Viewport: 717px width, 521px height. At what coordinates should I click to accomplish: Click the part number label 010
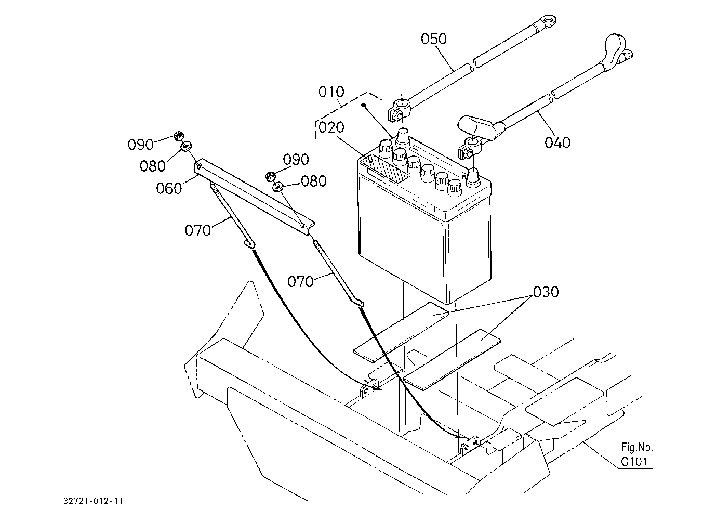pyautogui.click(x=331, y=92)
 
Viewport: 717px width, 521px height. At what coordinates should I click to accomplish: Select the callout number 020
pyautogui.click(x=331, y=127)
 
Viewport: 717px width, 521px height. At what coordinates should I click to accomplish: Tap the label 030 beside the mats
pyautogui.click(x=546, y=292)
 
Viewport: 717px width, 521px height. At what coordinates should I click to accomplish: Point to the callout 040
pyautogui.click(x=557, y=142)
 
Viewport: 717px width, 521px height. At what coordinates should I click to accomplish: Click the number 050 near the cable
pyautogui.click(x=433, y=39)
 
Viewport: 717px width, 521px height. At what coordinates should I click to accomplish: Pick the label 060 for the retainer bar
pyautogui.click(x=169, y=188)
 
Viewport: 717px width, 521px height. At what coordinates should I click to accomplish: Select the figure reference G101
pyautogui.click(x=634, y=461)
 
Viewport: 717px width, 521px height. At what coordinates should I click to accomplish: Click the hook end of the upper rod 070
pyautogui.click(x=249, y=244)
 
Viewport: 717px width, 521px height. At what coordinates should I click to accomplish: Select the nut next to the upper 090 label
pyautogui.click(x=178, y=136)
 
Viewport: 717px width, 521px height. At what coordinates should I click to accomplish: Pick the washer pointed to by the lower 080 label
pyautogui.click(x=277, y=187)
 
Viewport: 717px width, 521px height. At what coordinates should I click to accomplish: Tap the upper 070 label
pyautogui.click(x=198, y=230)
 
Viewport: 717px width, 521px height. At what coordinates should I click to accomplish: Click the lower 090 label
pyautogui.click(x=296, y=159)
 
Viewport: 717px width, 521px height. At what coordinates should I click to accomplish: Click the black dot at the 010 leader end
pyautogui.click(x=363, y=105)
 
